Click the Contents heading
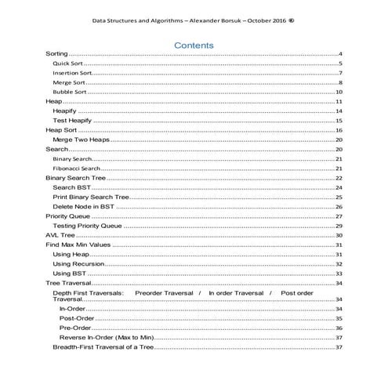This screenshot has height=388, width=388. [194, 45]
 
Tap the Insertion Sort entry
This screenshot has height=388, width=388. [72, 72]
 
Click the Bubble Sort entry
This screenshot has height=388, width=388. [69, 92]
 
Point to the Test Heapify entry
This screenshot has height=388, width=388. [72, 121]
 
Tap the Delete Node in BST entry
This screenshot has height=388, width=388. [83, 206]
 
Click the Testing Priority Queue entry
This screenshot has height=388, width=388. [87, 226]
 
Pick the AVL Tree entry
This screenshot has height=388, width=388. [60, 235]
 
